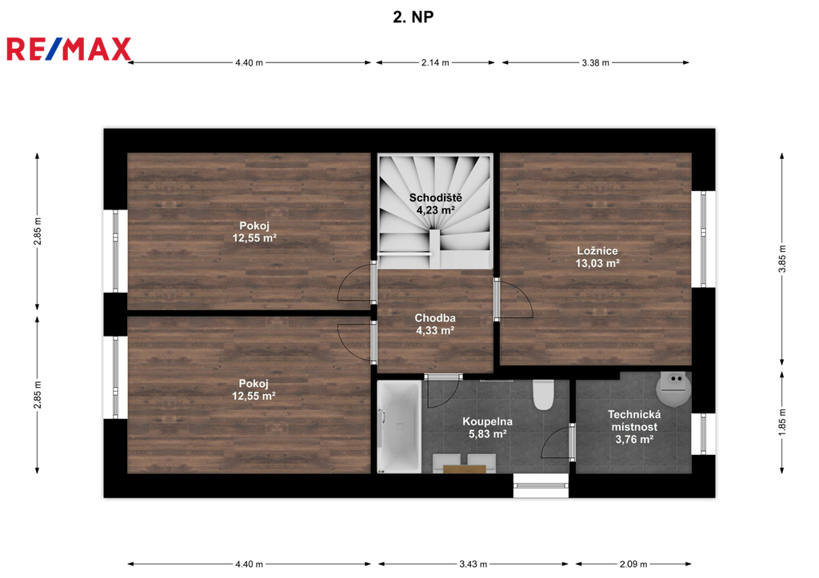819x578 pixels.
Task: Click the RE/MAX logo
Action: coord(69,49)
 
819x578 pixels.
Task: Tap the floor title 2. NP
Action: coord(413,18)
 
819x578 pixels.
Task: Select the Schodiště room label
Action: coord(435,198)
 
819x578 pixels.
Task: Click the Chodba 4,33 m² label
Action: coord(435,324)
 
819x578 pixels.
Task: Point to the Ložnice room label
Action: coord(597,250)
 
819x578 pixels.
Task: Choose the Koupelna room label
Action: coord(487,421)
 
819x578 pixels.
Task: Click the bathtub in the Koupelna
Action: coord(399,427)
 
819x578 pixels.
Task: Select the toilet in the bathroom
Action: coord(543,395)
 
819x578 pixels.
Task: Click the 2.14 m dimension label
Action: coord(435,62)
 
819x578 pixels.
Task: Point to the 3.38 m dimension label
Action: coord(595,62)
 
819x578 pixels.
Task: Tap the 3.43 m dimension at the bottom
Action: coord(473,564)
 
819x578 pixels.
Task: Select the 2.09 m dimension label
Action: coord(633,564)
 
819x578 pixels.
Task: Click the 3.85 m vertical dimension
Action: coord(782,259)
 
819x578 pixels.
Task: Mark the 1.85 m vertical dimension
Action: coord(782,422)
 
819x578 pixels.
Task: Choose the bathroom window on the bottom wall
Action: coord(541,485)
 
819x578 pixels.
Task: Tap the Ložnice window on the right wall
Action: coord(703,239)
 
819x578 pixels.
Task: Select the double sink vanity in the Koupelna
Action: coord(465,464)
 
